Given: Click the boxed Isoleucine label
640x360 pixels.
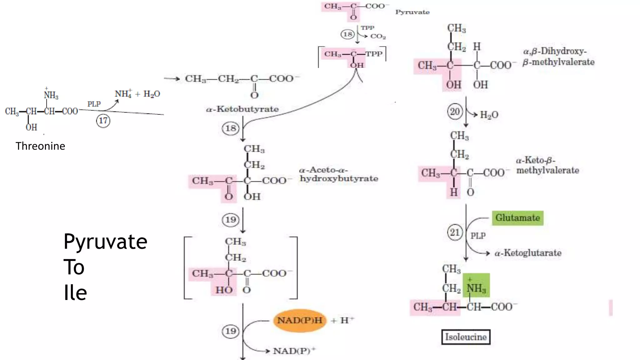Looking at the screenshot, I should (466, 337).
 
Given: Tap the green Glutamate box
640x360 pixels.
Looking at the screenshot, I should (517, 218).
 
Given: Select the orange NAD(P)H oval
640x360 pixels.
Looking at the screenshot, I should (300, 321).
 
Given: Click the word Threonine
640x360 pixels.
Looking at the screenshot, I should (40, 146).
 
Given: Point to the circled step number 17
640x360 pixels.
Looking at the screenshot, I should (103, 121).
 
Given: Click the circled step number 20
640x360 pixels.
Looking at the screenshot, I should (455, 112).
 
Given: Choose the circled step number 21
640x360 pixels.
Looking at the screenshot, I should (455, 232).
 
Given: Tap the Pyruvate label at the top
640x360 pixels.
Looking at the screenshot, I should (412, 12).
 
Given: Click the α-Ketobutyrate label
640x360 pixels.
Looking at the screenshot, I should (242, 109).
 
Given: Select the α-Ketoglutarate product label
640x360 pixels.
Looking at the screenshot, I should (528, 253).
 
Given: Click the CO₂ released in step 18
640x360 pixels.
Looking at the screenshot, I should (378, 36).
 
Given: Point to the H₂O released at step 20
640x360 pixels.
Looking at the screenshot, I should (489, 115).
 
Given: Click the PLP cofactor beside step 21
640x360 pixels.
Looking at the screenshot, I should (478, 236).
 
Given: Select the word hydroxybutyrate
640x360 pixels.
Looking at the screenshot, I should (339, 179).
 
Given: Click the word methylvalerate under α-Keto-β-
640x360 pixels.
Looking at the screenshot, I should (547, 171).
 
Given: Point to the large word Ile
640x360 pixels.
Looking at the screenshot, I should (75, 293).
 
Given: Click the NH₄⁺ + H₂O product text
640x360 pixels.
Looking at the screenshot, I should (137, 94).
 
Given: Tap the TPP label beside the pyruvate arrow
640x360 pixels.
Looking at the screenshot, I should (367, 28).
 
